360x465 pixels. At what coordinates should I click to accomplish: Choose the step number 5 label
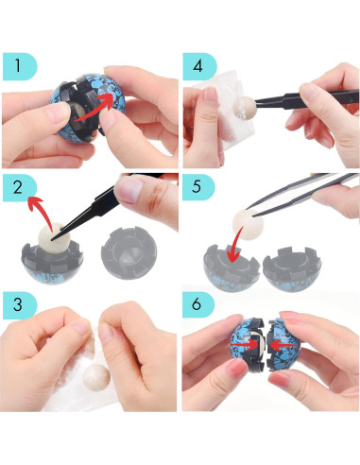[197, 186]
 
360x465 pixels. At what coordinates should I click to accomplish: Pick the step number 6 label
[197, 304]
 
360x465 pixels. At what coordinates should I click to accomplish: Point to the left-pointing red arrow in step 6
[284, 346]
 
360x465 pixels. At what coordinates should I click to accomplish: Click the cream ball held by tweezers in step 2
[52, 238]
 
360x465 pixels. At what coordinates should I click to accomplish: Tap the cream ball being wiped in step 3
[96, 377]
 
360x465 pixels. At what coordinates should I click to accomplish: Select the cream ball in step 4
[245, 108]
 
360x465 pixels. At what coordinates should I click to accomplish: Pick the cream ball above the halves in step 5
[248, 223]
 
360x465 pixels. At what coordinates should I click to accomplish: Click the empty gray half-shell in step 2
[129, 253]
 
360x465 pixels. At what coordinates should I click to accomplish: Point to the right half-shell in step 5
[292, 269]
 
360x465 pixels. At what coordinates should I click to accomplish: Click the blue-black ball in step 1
[87, 108]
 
